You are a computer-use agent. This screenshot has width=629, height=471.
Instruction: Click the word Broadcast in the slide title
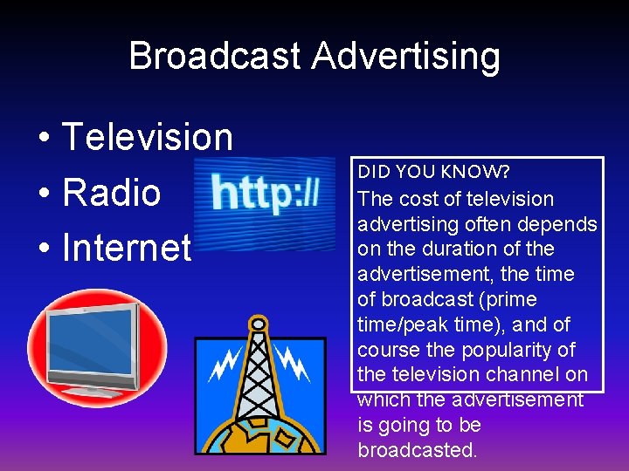click(216, 56)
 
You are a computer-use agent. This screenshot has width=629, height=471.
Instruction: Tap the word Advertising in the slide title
click(406, 56)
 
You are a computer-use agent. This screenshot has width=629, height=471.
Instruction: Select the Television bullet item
click(147, 137)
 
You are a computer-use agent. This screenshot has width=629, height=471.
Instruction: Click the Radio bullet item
click(111, 193)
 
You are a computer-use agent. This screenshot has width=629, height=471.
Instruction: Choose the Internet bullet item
click(127, 248)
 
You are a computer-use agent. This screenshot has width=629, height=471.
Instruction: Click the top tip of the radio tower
click(257, 320)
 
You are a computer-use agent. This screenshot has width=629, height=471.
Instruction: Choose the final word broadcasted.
click(418, 450)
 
